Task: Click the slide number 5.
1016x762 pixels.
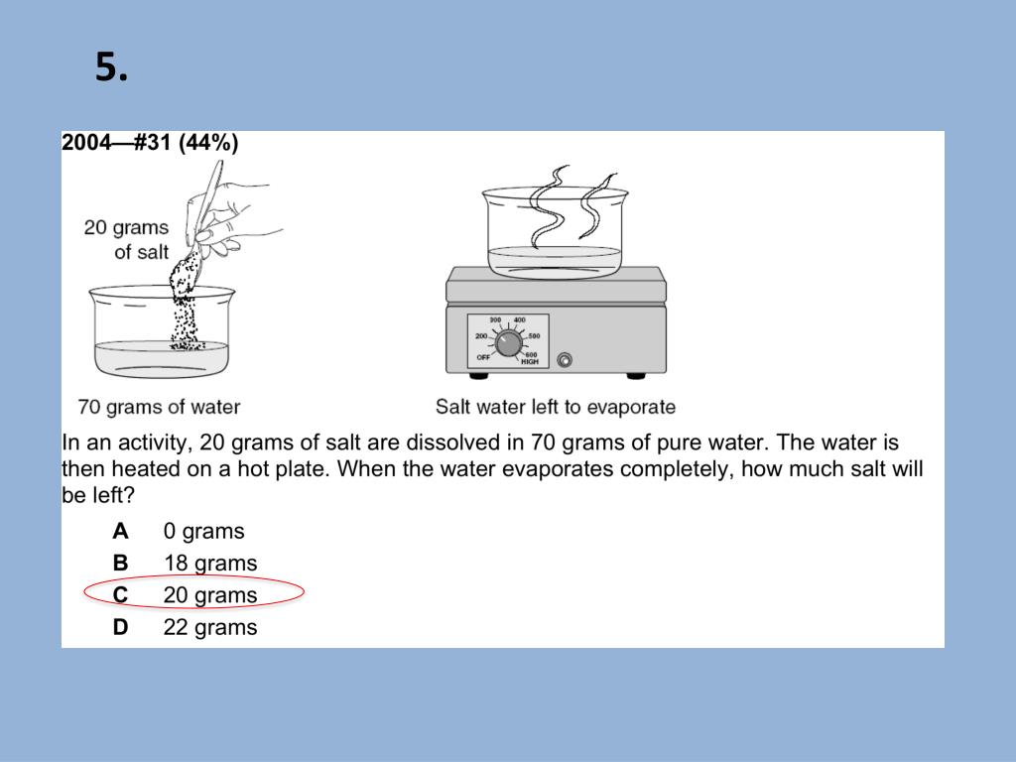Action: click(111, 66)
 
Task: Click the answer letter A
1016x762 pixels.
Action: click(120, 532)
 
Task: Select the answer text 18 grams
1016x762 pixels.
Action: click(210, 564)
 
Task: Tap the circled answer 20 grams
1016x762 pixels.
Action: click(210, 595)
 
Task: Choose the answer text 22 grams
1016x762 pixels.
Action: click(210, 628)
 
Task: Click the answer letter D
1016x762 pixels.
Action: click(120, 627)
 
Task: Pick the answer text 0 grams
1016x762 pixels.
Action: click(203, 532)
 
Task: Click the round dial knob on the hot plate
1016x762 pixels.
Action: click(508, 342)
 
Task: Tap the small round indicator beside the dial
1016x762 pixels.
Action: click(565, 359)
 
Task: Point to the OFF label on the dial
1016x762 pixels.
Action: click(483, 357)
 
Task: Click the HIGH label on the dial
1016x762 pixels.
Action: click(530, 361)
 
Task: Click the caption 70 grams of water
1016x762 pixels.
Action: click(159, 407)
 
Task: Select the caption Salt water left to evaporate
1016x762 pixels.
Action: click(556, 407)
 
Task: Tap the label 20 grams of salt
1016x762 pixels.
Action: click(126, 239)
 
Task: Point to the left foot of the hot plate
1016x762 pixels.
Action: click(479, 376)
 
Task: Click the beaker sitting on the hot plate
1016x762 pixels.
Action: click(556, 232)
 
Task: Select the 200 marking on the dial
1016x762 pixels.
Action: click(481, 336)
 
